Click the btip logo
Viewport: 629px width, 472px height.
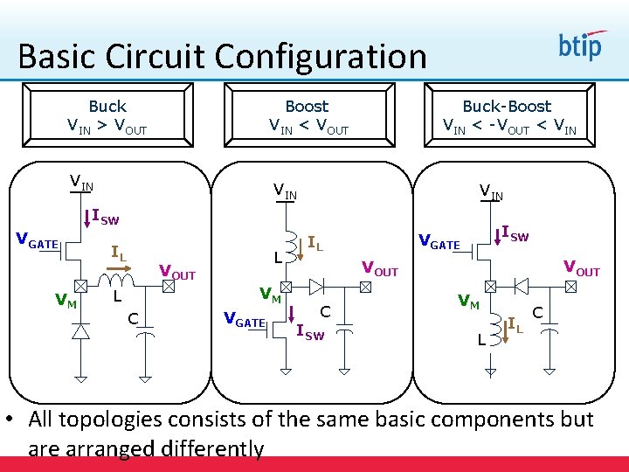(x=580, y=45)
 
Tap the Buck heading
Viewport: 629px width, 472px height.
(x=107, y=107)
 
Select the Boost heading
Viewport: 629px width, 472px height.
(x=307, y=107)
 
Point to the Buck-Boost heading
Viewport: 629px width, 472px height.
(x=507, y=107)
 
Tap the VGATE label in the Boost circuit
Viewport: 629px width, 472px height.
(x=245, y=322)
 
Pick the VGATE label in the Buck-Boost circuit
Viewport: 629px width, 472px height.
(x=439, y=242)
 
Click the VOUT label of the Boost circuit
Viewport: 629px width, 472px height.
(x=380, y=268)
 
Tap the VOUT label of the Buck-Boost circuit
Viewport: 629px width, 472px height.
(x=582, y=267)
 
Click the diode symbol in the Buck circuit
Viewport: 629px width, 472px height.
(x=80, y=331)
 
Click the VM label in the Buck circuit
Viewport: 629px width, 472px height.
(x=65, y=302)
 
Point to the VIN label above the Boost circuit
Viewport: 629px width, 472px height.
(x=285, y=189)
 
